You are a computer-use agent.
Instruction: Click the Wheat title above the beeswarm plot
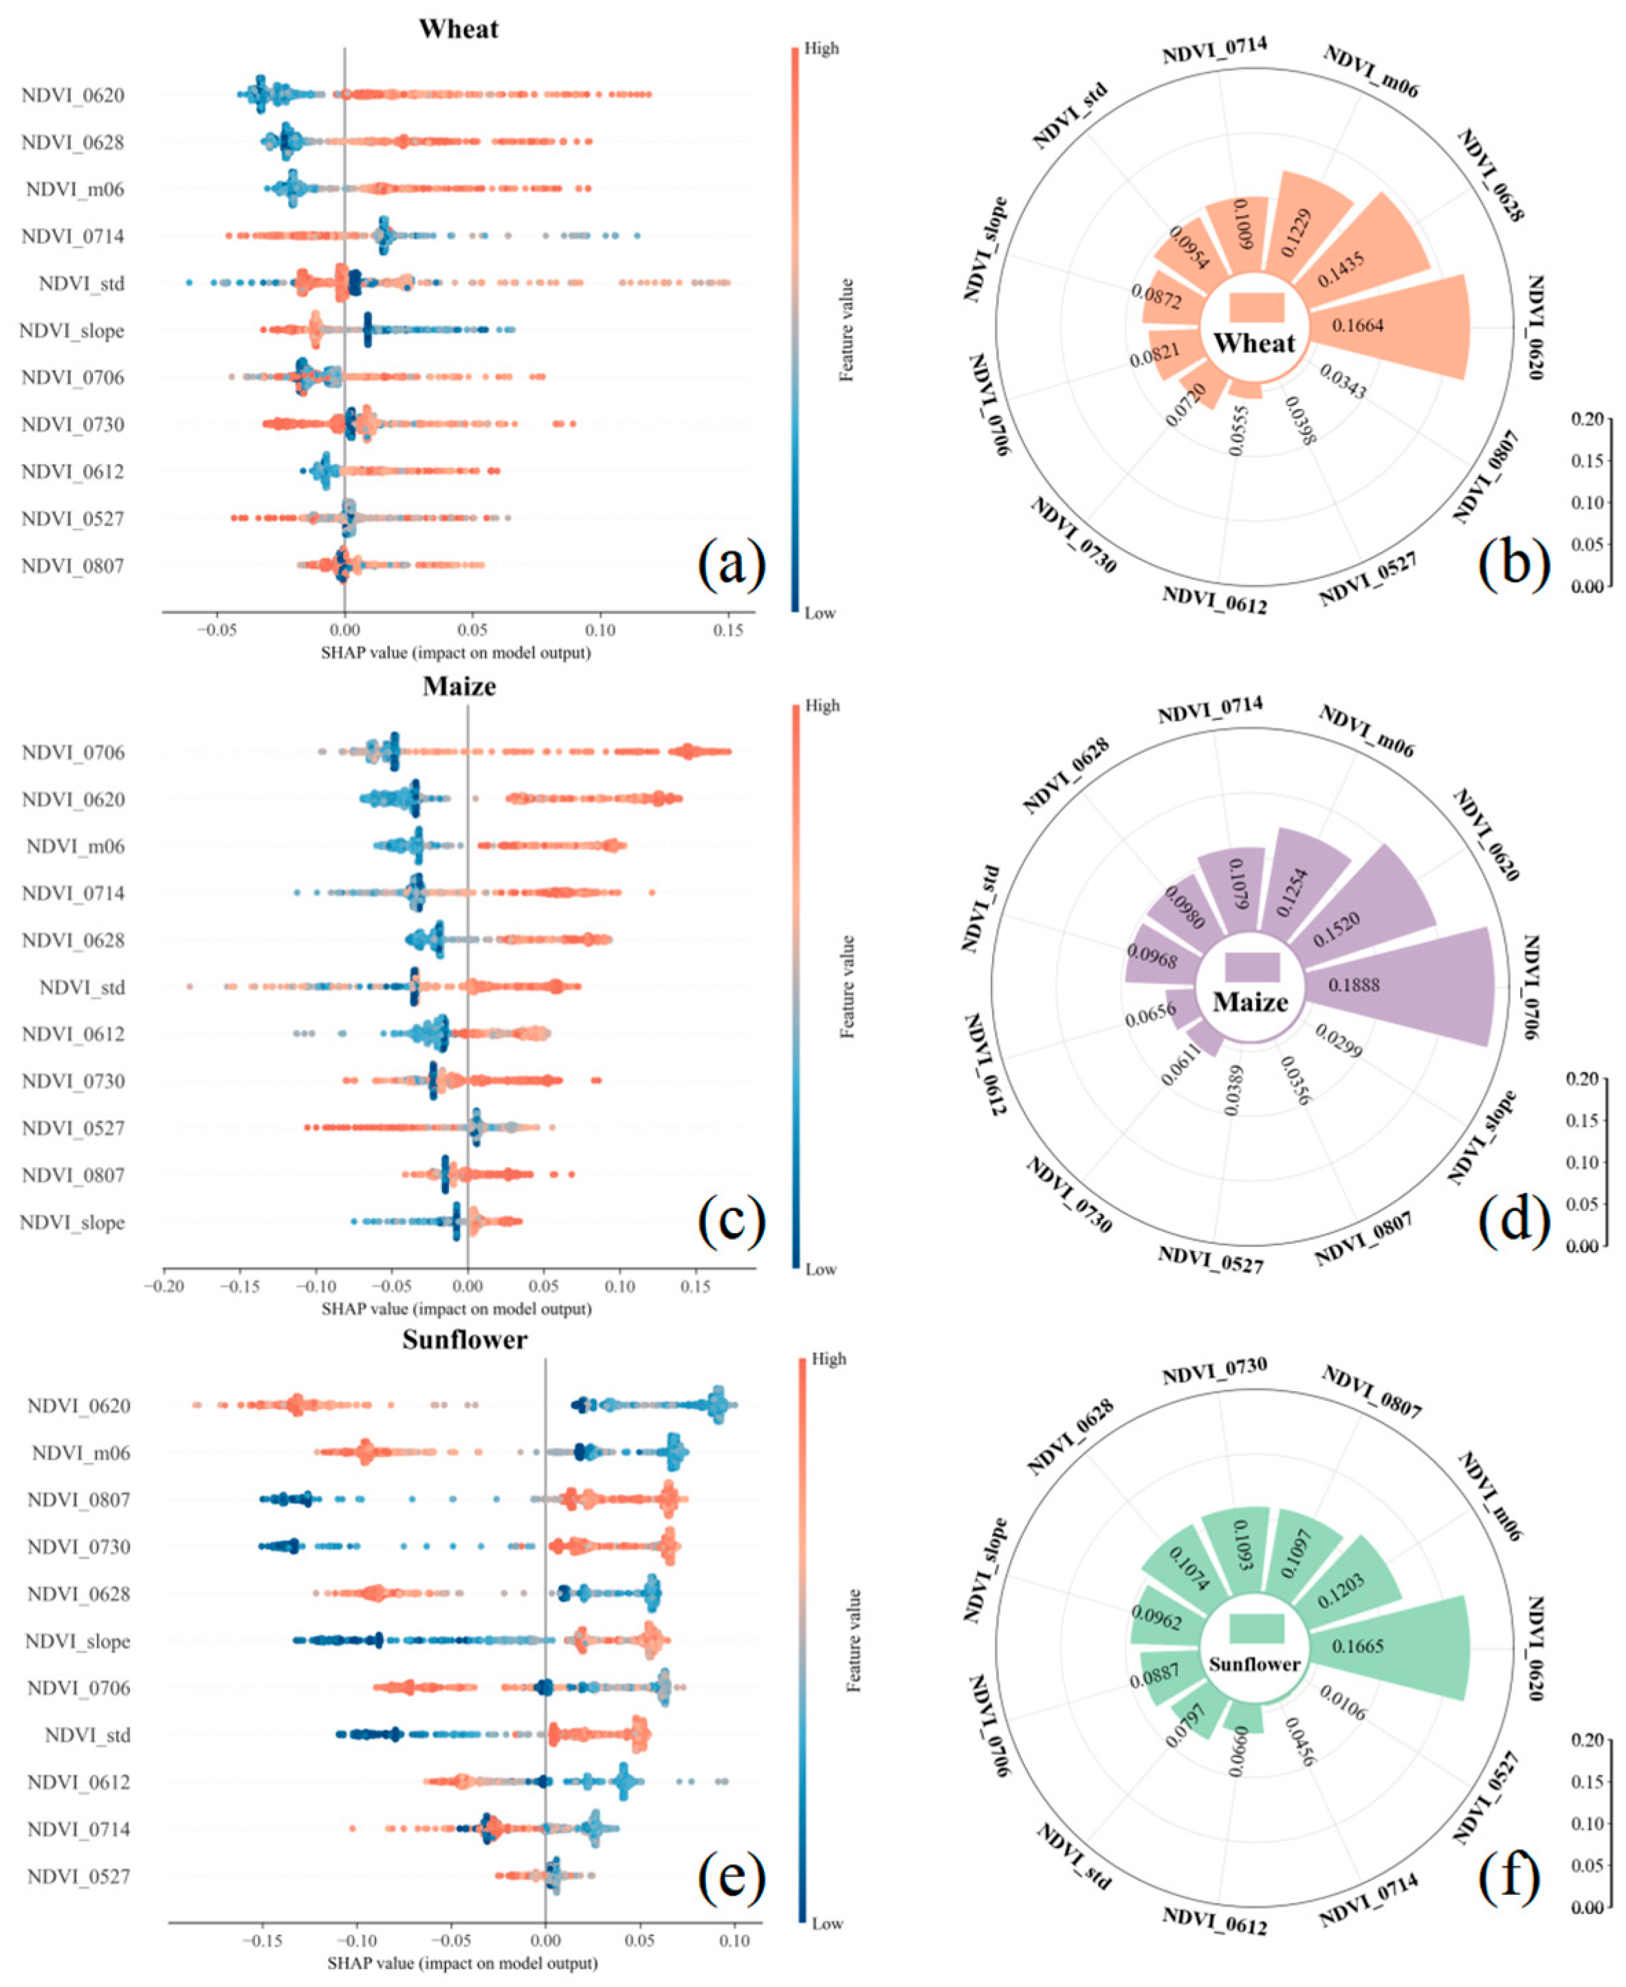pos(458,28)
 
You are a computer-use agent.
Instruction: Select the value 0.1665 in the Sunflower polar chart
pos(1358,1645)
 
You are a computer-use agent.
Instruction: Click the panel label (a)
pos(732,565)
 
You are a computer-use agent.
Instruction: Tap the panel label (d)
pos(1515,1221)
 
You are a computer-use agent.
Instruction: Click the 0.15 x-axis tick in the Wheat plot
pos(728,630)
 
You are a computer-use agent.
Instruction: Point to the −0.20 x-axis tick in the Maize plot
pos(163,1286)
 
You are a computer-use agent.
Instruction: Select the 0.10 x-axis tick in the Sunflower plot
pos(734,1941)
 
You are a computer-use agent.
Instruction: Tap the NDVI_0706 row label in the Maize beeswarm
pos(73,753)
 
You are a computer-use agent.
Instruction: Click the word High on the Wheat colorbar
pos(822,49)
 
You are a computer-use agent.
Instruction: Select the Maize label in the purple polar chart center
pos(1251,1003)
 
